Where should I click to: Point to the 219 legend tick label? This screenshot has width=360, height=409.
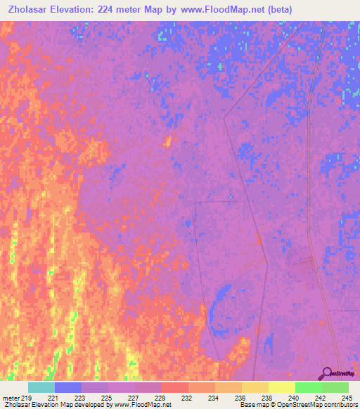[25, 398]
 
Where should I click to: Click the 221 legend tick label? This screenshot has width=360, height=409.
[53, 398]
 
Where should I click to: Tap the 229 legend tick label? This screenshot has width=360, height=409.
[161, 398]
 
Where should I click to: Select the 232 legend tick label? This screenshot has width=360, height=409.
[188, 398]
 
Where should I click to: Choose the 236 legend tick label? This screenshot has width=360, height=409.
[241, 398]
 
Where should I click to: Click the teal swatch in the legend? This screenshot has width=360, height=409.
[41, 387]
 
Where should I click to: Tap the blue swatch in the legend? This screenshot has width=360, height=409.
[67, 387]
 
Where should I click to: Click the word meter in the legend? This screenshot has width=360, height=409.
[10, 398]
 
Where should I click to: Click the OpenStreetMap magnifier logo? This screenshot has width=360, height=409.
[327, 373]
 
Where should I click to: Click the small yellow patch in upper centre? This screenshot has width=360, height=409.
[167, 141]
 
